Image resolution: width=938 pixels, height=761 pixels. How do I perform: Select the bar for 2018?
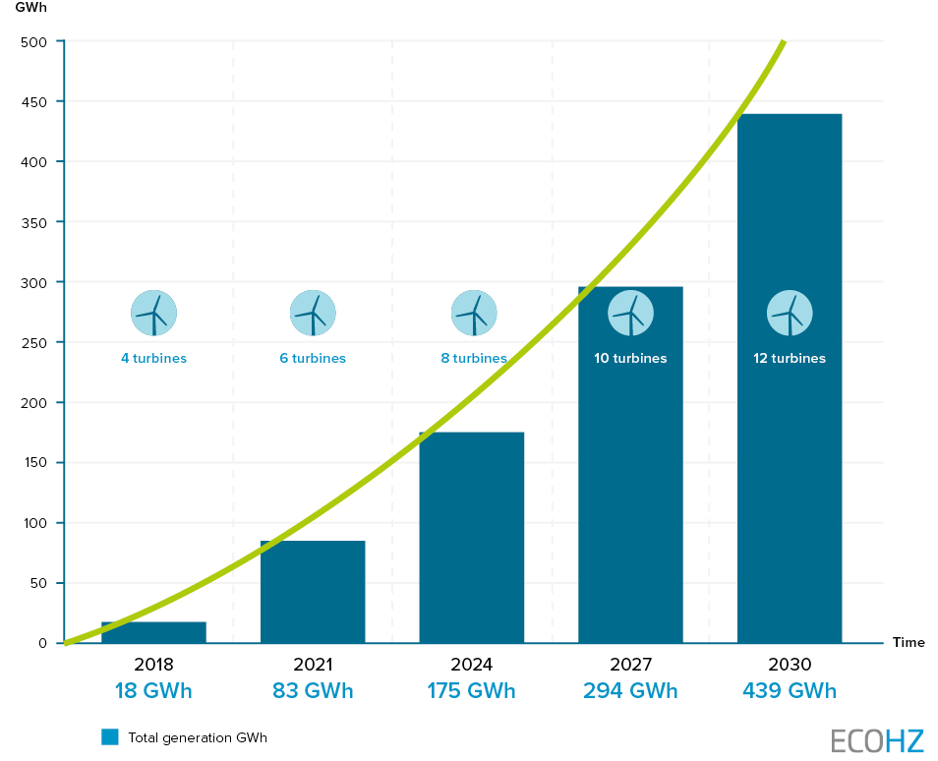click(x=153, y=632)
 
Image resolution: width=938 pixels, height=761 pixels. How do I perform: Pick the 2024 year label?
click(x=471, y=665)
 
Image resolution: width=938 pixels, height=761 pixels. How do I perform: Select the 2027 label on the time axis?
click(x=630, y=665)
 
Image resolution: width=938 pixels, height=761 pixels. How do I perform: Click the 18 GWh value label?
click(x=153, y=691)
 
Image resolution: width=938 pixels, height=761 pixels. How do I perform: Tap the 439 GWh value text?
click(x=790, y=691)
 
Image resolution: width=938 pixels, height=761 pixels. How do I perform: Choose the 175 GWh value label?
click(x=471, y=691)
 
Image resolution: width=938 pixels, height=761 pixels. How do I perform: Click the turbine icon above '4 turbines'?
click(x=153, y=314)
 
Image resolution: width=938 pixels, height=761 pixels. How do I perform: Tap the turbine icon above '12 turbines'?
click(x=790, y=314)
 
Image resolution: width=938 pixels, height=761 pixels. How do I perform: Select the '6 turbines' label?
click(x=313, y=359)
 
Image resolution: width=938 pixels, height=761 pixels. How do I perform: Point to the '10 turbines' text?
click(x=630, y=359)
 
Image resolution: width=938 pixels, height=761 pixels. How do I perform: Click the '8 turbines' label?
click(x=473, y=359)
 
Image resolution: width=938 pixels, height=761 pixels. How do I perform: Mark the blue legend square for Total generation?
click(x=110, y=736)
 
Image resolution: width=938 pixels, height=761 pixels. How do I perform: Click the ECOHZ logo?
click(x=877, y=739)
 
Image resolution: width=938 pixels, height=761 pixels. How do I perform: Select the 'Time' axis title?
click(x=909, y=643)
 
